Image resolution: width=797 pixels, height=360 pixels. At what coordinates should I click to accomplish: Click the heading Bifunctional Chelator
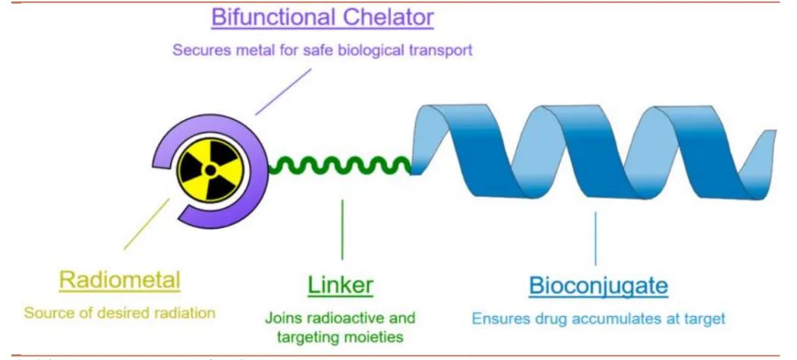[322, 17]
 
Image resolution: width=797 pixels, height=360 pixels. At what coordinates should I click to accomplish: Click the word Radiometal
[120, 280]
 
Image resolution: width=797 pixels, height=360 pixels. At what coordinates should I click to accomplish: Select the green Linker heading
[341, 285]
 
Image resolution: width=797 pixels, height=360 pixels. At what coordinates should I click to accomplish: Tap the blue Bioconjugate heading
[598, 286]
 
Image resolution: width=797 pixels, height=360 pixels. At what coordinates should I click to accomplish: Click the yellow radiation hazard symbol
[210, 171]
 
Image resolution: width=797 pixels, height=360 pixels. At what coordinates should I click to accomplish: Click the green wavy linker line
[342, 164]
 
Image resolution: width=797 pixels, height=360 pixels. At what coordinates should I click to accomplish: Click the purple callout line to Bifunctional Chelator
[282, 93]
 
